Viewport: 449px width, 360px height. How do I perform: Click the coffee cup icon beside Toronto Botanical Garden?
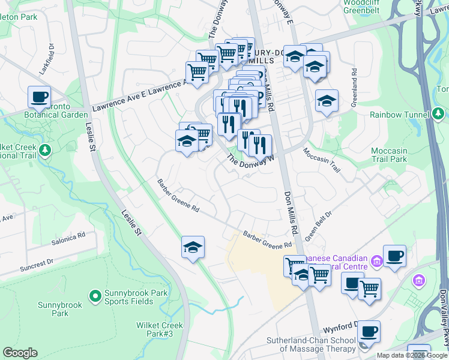pos(39,97)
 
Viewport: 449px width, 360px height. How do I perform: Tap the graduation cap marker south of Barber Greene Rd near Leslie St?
pos(193,247)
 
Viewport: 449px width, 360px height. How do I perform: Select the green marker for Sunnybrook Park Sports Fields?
pos(95,295)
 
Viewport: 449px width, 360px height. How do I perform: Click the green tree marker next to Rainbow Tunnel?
pos(439,114)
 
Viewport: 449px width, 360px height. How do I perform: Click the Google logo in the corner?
pos(20,353)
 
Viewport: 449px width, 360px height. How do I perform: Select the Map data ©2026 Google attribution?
pos(412,355)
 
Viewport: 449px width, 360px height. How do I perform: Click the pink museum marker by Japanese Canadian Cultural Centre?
pos(376,260)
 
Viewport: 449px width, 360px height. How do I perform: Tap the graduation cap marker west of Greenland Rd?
pos(326,101)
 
